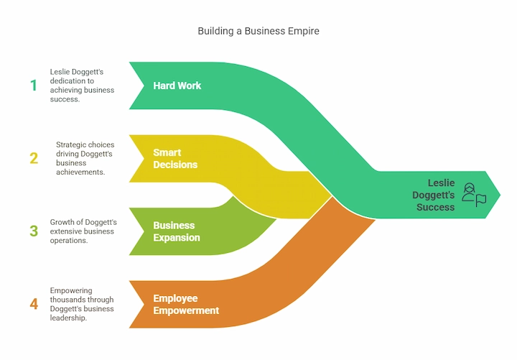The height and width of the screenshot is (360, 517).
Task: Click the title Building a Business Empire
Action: click(x=258, y=32)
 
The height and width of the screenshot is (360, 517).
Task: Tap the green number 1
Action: click(x=33, y=86)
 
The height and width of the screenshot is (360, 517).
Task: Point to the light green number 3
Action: click(x=34, y=231)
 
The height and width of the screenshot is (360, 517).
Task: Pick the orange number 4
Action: click(x=34, y=304)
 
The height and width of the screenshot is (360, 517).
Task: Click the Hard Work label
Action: click(x=177, y=86)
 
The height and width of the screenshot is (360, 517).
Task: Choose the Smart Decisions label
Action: click(x=174, y=159)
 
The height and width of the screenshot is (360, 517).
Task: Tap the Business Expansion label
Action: click(x=177, y=231)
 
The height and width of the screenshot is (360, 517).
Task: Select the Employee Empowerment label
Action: click(x=186, y=304)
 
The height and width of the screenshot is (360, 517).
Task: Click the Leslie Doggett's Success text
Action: click(x=435, y=195)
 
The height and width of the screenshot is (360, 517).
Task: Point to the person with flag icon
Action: click(x=474, y=195)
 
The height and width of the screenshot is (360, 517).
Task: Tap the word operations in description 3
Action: click(x=70, y=241)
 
